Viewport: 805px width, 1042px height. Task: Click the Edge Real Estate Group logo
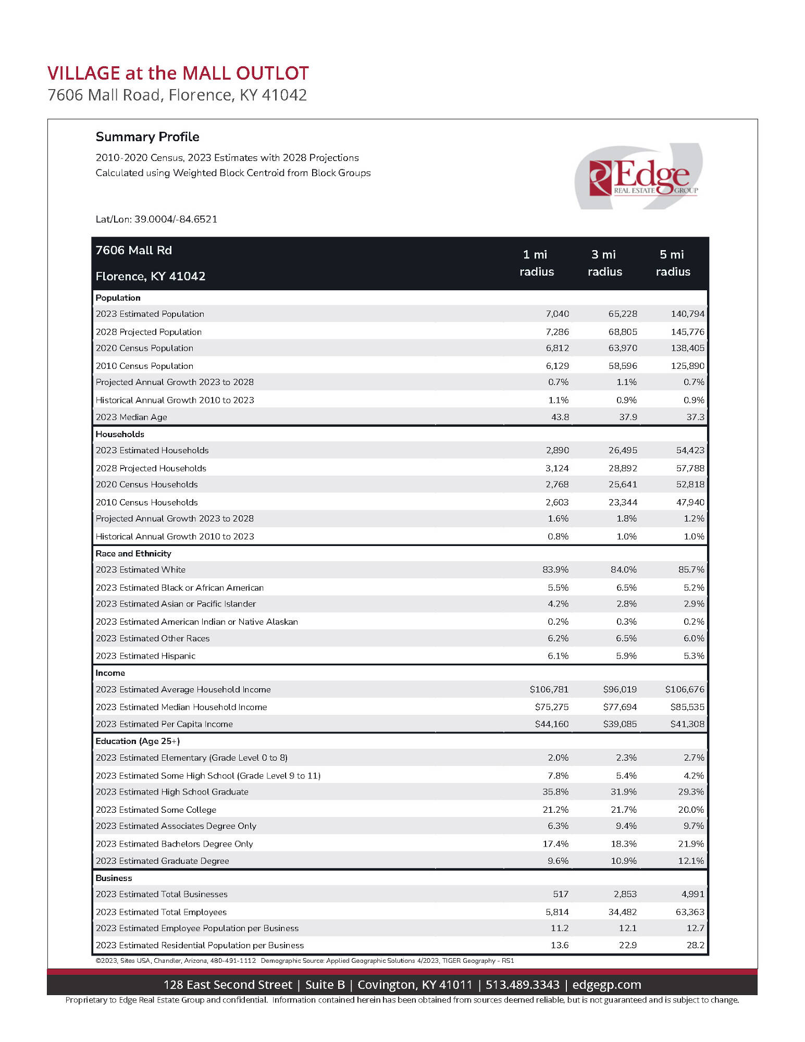(x=639, y=177)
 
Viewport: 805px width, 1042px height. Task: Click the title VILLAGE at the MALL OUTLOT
(x=178, y=73)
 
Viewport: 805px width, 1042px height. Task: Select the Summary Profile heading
(x=147, y=137)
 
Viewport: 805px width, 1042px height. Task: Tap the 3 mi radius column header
(x=604, y=263)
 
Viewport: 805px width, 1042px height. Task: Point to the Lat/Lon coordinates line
(x=156, y=219)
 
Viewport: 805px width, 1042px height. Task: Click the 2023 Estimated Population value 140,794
(x=687, y=314)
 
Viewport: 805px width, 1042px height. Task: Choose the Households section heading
(x=120, y=435)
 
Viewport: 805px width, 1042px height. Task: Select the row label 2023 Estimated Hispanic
(x=145, y=656)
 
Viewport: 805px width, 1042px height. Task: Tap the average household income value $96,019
(x=620, y=690)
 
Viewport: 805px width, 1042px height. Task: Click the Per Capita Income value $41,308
(x=687, y=724)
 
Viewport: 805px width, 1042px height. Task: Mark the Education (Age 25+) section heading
(x=138, y=741)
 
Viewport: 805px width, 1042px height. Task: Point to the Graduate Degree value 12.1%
(x=690, y=861)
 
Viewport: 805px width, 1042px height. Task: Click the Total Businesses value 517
(x=560, y=895)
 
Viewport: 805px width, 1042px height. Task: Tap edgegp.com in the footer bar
(x=606, y=985)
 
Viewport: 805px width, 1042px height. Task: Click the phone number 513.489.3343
(x=522, y=985)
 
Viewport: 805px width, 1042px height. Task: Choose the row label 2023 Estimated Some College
(x=156, y=810)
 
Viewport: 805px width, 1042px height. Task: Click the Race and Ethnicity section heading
(x=133, y=554)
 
